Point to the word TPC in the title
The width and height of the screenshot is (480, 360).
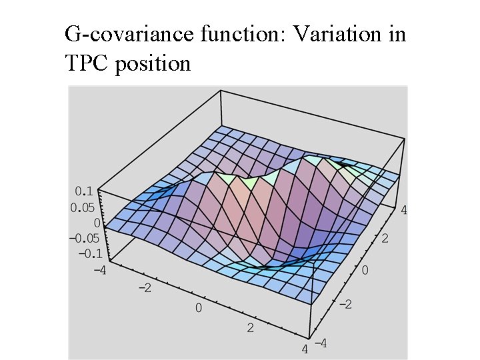[x=87, y=63]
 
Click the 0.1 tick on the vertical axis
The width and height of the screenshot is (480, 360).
[x=85, y=192]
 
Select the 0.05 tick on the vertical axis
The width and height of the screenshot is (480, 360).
[x=83, y=207]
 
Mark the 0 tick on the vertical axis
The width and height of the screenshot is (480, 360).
[x=97, y=223]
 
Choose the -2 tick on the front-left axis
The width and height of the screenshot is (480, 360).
[x=145, y=288]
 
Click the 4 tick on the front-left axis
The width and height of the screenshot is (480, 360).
[x=305, y=349]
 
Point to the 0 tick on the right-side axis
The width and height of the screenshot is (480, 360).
[x=364, y=271]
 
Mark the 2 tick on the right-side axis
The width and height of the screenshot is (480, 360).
[x=385, y=237]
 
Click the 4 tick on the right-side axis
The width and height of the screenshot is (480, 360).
[x=403, y=209]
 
